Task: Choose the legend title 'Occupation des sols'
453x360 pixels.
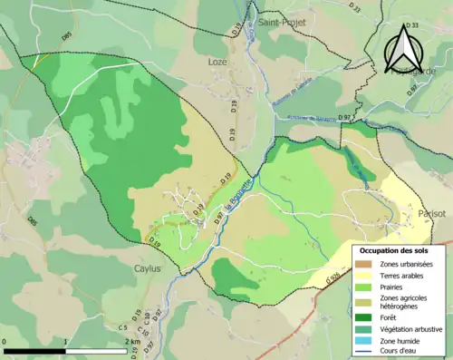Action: (394, 250)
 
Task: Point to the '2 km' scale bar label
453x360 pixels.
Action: (131, 342)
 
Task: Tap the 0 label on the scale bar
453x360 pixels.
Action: (5, 342)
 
